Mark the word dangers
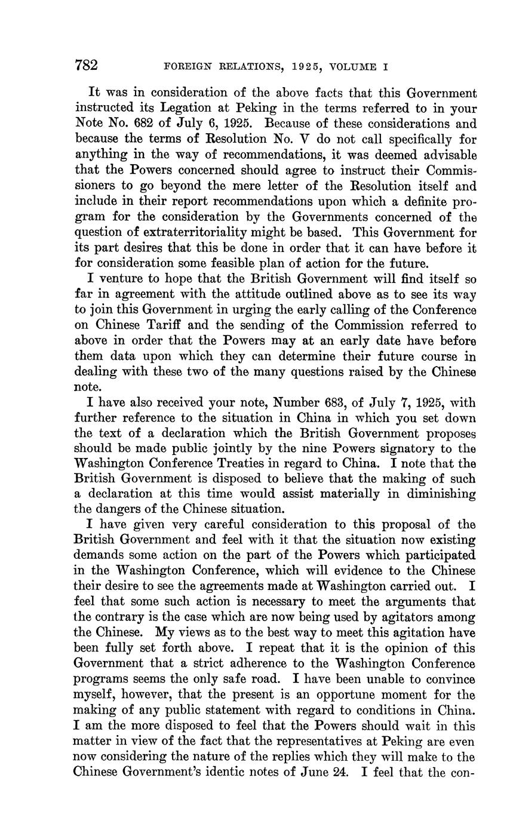coord(124,509)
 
